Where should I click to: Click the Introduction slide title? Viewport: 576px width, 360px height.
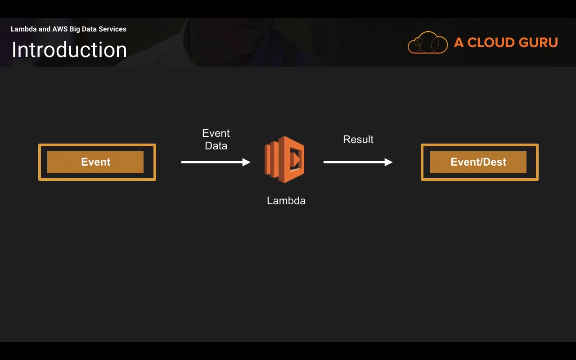pyautogui.click(x=69, y=50)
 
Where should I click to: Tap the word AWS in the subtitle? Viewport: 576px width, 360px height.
pyautogui.click(x=60, y=29)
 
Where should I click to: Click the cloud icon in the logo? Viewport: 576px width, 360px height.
pyautogui.click(x=427, y=42)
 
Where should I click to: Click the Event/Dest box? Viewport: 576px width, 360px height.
pyautogui.click(x=480, y=162)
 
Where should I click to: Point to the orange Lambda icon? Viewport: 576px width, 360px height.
pyautogui.click(x=284, y=159)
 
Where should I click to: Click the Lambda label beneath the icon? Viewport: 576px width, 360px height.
pyautogui.click(x=286, y=201)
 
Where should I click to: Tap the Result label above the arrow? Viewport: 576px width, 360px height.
pyautogui.click(x=358, y=139)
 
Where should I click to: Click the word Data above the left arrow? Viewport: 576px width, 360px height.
pyautogui.click(x=216, y=146)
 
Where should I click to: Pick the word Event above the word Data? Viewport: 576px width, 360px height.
pyautogui.click(x=216, y=133)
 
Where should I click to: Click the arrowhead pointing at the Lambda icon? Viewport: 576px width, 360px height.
pyautogui.click(x=246, y=162)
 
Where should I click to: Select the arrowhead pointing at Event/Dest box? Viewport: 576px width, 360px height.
pyautogui.click(x=388, y=162)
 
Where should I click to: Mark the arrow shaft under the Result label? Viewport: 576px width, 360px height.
pyautogui.click(x=354, y=162)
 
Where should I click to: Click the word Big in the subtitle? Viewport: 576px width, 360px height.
pyautogui.click(x=75, y=29)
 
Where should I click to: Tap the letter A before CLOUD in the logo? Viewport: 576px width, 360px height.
pyautogui.click(x=459, y=42)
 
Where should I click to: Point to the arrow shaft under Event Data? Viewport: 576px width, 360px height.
pyautogui.click(x=212, y=162)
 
